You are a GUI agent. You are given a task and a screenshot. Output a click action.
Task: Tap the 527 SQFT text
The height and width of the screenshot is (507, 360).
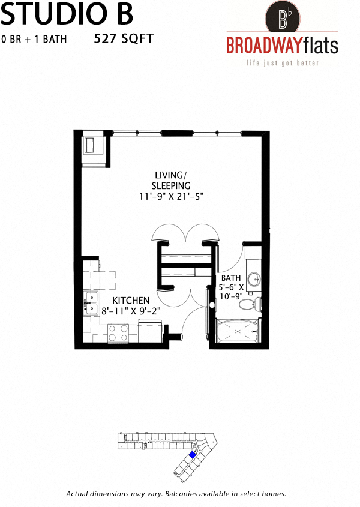click(x=124, y=39)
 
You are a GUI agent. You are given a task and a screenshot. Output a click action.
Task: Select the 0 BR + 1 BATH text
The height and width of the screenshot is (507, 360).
click(x=34, y=40)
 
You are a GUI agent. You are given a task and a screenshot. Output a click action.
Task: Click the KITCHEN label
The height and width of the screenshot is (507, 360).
click(x=131, y=299)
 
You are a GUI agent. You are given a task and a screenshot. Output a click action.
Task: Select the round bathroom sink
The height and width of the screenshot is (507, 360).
click(x=254, y=278)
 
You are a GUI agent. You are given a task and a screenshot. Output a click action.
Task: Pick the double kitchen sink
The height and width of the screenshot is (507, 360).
click(x=92, y=303)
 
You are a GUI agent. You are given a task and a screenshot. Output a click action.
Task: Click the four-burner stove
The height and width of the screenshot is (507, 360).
click(x=119, y=333)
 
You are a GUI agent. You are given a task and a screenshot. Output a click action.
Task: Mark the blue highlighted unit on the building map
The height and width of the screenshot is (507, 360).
click(x=193, y=455)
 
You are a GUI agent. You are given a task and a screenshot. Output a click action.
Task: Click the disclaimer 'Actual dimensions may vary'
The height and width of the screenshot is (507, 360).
click(x=176, y=494)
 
